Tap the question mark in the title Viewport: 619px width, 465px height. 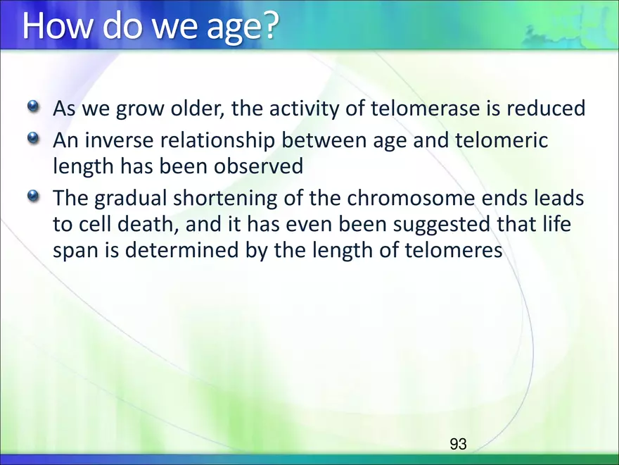(x=270, y=25)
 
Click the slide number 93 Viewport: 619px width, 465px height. (x=458, y=444)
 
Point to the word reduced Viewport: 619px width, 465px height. (x=546, y=108)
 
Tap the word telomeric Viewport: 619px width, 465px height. (x=502, y=140)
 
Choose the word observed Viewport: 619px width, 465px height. (x=259, y=166)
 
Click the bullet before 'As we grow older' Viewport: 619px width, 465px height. (x=34, y=106)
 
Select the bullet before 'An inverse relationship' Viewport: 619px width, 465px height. (x=34, y=138)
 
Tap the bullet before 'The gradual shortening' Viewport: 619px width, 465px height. (x=34, y=196)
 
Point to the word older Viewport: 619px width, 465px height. (x=198, y=108)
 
